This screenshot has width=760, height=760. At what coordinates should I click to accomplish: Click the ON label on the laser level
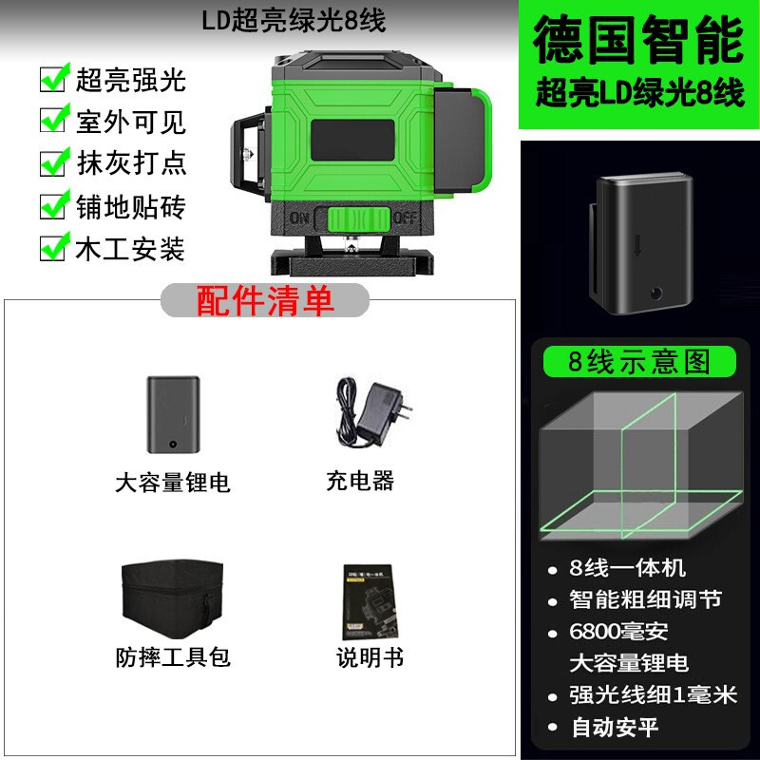pyautogui.click(x=299, y=218)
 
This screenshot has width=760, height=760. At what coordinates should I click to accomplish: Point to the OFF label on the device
pyautogui.click(x=405, y=218)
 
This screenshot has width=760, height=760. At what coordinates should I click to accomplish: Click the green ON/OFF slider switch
pyautogui.click(x=359, y=219)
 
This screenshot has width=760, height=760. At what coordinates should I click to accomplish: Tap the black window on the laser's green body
pyautogui.click(x=352, y=140)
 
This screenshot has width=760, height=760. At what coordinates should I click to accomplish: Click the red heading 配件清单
pyautogui.click(x=265, y=301)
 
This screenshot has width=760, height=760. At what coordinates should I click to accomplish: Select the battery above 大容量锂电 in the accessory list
pyautogui.click(x=174, y=414)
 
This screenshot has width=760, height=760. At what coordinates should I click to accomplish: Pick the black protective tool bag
pyautogui.click(x=172, y=598)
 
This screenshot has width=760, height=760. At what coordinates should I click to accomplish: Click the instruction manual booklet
pyautogui.click(x=370, y=602)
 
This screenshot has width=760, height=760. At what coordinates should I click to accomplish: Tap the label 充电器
pyautogui.click(x=360, y=481)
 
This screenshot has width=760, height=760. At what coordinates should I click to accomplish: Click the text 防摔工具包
pyautogui.click(x=173, y=657)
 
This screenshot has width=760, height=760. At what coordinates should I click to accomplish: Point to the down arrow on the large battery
pyautogui.click(x=637, y=246)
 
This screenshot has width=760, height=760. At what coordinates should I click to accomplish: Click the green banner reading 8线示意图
pyautogui.click(x=639, y=362)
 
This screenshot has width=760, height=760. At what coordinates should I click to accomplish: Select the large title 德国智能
pyautogui.click(x=638, y=39)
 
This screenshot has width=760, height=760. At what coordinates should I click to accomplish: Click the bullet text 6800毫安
pyautogui.click(x=618, y=632)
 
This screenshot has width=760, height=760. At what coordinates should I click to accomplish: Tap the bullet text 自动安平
pyautogui.click(x=615, y=727)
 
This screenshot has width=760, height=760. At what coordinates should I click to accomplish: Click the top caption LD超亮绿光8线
pyautogui.click(x=294, y=21)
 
